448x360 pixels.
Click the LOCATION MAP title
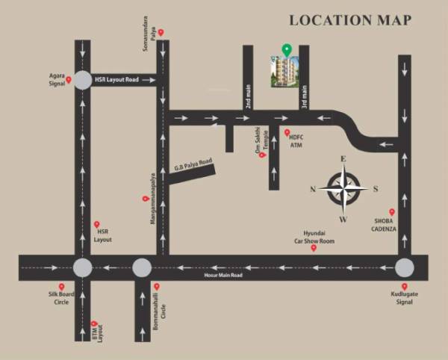pyautogui.click(x=349, y=20)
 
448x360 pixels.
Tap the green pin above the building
pyautogui.click(x=286, y=51)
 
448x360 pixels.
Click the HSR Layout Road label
pyautogui.click(x=118, y=79)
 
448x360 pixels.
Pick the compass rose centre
pyautogui.click(x=343, y=189)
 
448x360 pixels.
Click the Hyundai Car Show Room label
pyautogui.click(x=314, y=238)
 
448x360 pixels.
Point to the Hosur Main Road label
pyautogui.click(x=224, y=276)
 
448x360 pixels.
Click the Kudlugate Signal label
pyautogui.click(x=405, y=299)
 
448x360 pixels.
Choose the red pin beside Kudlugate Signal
pyautogui.click(x=405, y=285)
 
